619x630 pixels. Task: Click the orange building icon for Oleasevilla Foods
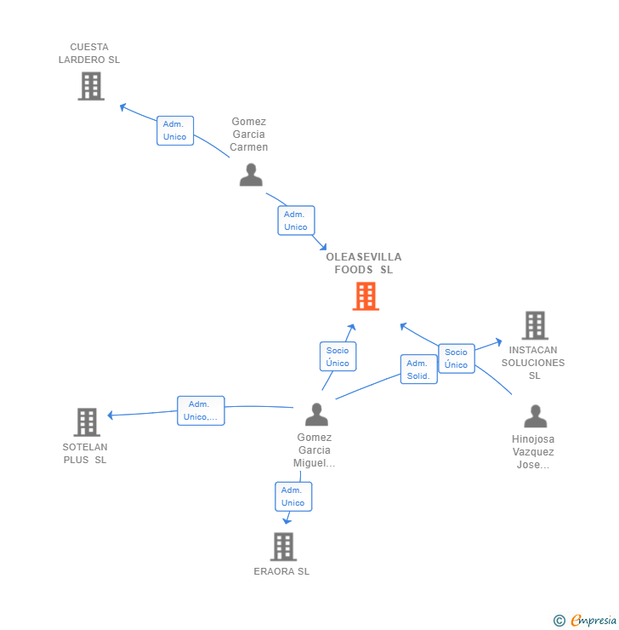tap(366, 296)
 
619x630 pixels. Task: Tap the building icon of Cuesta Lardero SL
tap(91, 86)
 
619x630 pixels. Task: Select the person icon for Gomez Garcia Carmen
tap(251, 175)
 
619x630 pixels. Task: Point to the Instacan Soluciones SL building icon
tap(534, 325)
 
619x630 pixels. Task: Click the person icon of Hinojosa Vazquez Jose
tap(535, 416)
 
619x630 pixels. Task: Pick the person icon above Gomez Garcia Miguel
tap(316, 415)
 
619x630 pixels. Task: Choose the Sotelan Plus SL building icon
tap(87, 422)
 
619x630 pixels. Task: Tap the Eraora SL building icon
tap(283, 547)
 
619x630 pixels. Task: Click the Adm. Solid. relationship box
tap(418, 369)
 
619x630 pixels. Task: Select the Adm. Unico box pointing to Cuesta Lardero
tap(175, 130)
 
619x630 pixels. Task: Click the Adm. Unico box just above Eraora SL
tap(293, 496)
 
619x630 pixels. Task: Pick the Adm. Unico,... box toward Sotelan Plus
tap(201, 410)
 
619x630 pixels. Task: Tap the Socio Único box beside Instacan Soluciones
tap(457, 358)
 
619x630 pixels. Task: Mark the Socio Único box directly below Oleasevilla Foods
tap(338, 357)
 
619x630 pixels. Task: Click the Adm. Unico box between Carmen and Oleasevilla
tap(296, 220)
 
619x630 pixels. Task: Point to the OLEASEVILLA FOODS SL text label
tap(364, 263)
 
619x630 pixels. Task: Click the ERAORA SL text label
tap(281, 571)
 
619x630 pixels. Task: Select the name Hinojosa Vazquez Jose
tap(533, 452)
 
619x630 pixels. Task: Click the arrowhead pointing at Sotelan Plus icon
tap(111, 415)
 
